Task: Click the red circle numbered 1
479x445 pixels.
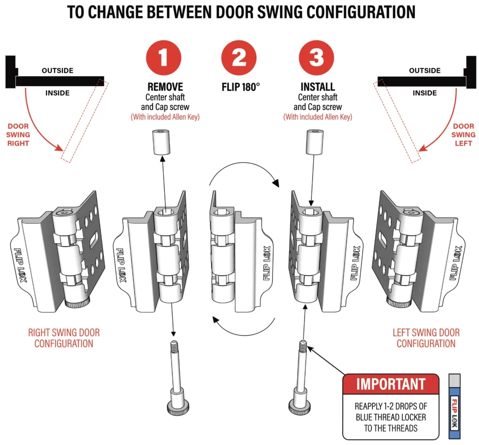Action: click(x=163, y=58)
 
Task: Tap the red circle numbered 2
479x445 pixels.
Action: click(x=239, y=58)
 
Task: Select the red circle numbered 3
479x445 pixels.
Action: click(x=316, y=58)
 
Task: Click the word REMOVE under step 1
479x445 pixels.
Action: click(x=165, y=88)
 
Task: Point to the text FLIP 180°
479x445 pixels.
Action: click(x=239, y=88)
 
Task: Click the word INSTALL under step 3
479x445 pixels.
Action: click(x=318, y=88)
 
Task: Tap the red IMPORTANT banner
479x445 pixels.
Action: click(x=391, y=384)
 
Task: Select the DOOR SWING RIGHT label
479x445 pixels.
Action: click(x=18, y=135)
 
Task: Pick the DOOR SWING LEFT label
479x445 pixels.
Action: click(x=463, y=135)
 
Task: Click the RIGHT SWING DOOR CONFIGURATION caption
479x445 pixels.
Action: click(x=64, y=338)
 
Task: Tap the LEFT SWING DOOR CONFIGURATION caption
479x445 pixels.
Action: click(x=426, y=338)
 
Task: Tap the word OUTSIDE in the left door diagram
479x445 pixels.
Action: click(x=58, y=71)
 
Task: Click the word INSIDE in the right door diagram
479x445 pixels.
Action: click(x=425, y=93)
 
